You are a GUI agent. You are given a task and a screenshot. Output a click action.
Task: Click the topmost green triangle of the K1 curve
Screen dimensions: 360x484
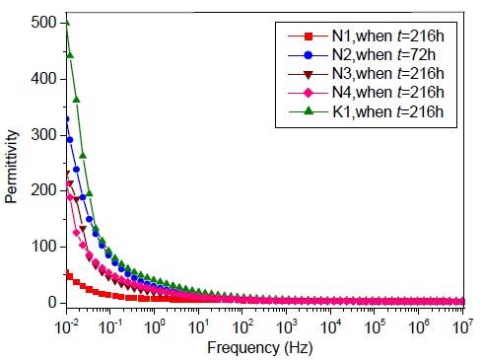pyautogui.click(x=66, y=22)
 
